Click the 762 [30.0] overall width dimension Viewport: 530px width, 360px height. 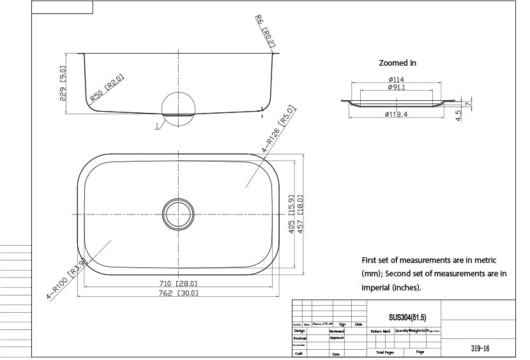point(179,294)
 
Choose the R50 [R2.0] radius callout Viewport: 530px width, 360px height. point(107,89)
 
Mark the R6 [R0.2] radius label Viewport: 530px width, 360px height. point(265,32)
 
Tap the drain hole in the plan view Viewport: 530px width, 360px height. point(178,214)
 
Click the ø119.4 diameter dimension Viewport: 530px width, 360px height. point(397,114)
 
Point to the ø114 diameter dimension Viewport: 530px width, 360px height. point(396,80)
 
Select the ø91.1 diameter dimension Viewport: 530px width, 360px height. point(396,87)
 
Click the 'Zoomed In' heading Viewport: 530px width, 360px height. point(397,63)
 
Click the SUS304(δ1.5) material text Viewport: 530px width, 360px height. point(407,317)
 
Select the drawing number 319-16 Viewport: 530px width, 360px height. point(480,349)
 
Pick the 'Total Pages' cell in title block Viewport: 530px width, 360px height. point(385,352)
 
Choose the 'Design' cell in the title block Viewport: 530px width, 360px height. point(299,331)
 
